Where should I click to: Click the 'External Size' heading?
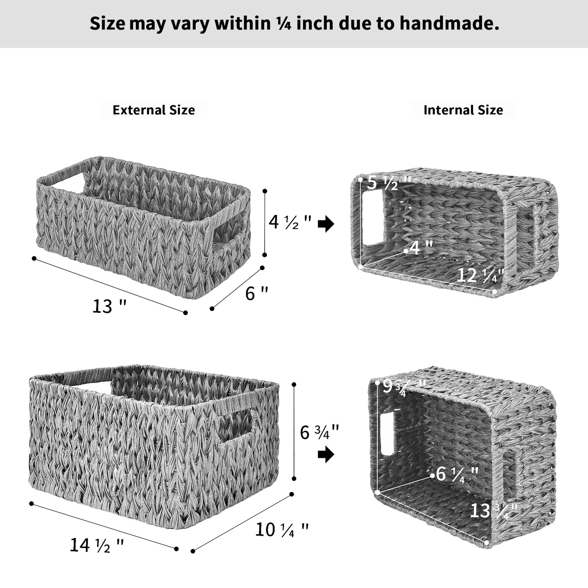tap(153, 110)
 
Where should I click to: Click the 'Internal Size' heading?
tap(463, 110)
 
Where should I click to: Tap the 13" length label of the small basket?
tap(109, 307)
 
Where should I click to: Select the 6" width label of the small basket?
tap(256, 293)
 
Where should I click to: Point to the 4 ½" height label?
tap(290, 222)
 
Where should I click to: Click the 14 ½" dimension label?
tap(97, 545)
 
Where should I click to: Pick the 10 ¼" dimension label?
tap(282, 530)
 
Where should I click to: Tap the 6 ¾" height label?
tap(320, 432)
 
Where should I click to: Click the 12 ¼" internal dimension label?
tap(481, 275)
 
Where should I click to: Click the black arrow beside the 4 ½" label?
tap(326, 224)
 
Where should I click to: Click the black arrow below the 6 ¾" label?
tap(326, 455)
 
